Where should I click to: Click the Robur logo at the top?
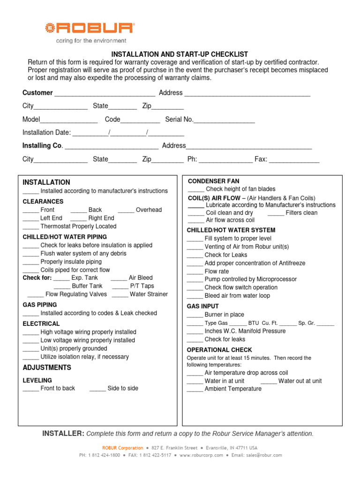click(x=89, y=29)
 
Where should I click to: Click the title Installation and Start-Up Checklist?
click(x=180, y=54)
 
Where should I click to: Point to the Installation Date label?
click(x=46, y=133)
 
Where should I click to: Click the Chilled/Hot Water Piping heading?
click(x=65, y=237)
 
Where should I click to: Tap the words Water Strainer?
click(x=149, y=294)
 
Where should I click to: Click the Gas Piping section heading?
click(x=40, y=305)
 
